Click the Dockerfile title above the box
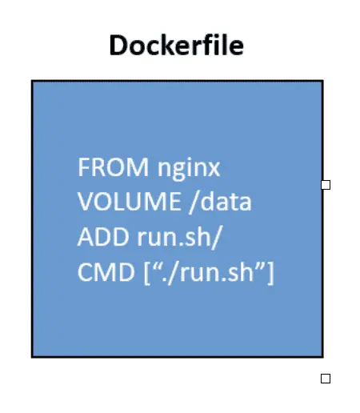coord(176,46)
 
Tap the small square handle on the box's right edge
coord(326,185)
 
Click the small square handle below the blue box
coord(326,379)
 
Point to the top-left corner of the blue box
coord(33,81)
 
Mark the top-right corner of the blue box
coord(322,81)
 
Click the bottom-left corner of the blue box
coord(33,356)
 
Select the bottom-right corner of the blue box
coord(322,356)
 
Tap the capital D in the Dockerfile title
coord(117,46)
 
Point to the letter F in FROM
coord(83,168)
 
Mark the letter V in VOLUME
coord(85,202)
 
